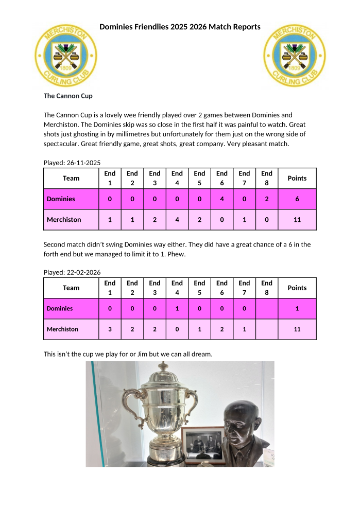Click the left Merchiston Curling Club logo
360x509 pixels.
point(65,54)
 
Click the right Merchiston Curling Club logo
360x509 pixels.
point(294,54)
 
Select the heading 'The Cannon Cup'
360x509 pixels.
point(68,96)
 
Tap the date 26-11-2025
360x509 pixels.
point(83,163)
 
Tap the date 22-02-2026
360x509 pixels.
point(83,272)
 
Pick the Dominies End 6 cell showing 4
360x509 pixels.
point(222,199)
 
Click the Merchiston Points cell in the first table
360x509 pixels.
point(297,219)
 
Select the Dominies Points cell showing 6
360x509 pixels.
point(297,199)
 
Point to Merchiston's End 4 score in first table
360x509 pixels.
point(177,219)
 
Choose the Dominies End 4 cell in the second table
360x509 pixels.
point(177,308)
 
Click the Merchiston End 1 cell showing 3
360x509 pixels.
point(110,329)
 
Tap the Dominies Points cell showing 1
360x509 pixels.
point(297,308)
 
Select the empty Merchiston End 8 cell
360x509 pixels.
point(267,329)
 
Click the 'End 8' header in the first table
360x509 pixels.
point(267,178)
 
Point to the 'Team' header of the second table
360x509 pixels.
point(71,288)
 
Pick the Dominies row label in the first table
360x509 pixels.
point(61,199)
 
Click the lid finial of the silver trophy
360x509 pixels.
point(163,366)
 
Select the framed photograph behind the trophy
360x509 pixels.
point(202,444)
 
